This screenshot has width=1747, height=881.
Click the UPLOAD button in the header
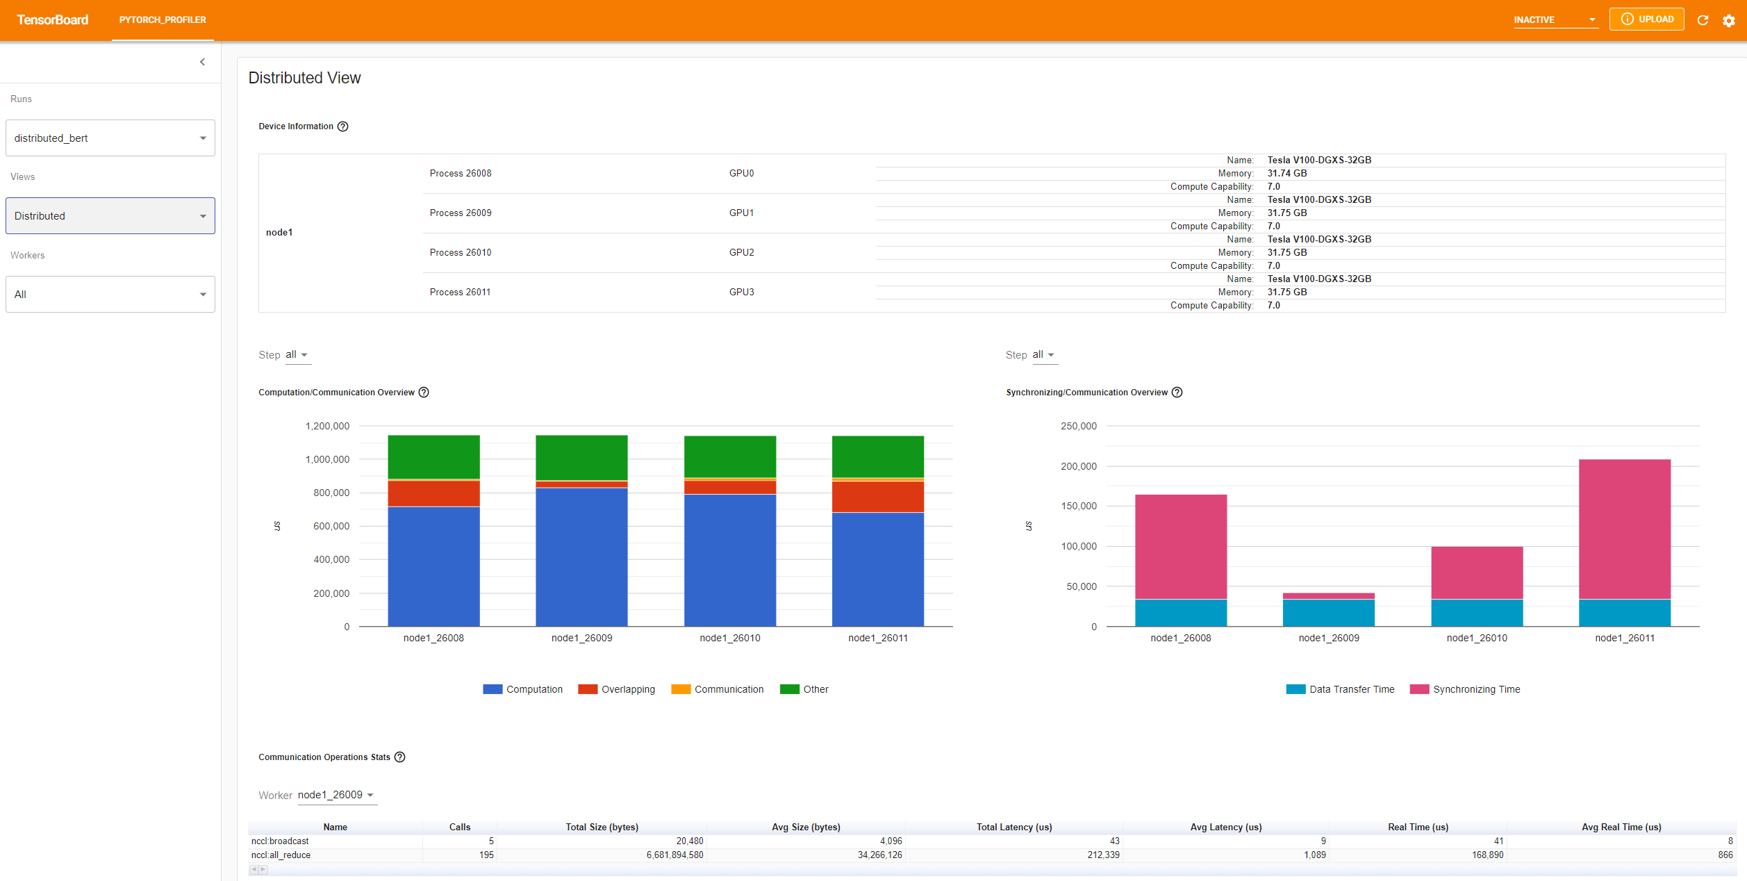point(1646,19)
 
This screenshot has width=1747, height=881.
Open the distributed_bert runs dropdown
point(110,138)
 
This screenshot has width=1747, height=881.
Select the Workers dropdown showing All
point(110,295)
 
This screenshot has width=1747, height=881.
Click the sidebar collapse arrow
point(202,62)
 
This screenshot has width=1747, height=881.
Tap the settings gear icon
point(1728,20)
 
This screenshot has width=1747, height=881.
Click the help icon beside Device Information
point(342,126)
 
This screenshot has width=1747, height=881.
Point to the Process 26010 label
point(460,253)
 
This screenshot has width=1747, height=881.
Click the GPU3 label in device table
point(741,293)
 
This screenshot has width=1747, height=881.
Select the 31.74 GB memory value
point(1286,174)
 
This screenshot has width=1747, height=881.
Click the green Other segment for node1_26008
point(433,456)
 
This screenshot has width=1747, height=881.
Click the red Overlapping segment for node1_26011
point(877,497)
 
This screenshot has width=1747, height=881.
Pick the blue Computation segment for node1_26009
point(581,556)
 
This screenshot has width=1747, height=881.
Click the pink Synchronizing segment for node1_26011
point(1624,528)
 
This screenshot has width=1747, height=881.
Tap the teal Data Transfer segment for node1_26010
point(1477,613)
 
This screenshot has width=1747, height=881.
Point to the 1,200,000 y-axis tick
point(327,426)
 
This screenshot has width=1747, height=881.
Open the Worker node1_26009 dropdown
point(337,795)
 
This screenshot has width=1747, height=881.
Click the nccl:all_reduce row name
point(281,855)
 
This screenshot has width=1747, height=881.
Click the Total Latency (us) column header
point(1013,827)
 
